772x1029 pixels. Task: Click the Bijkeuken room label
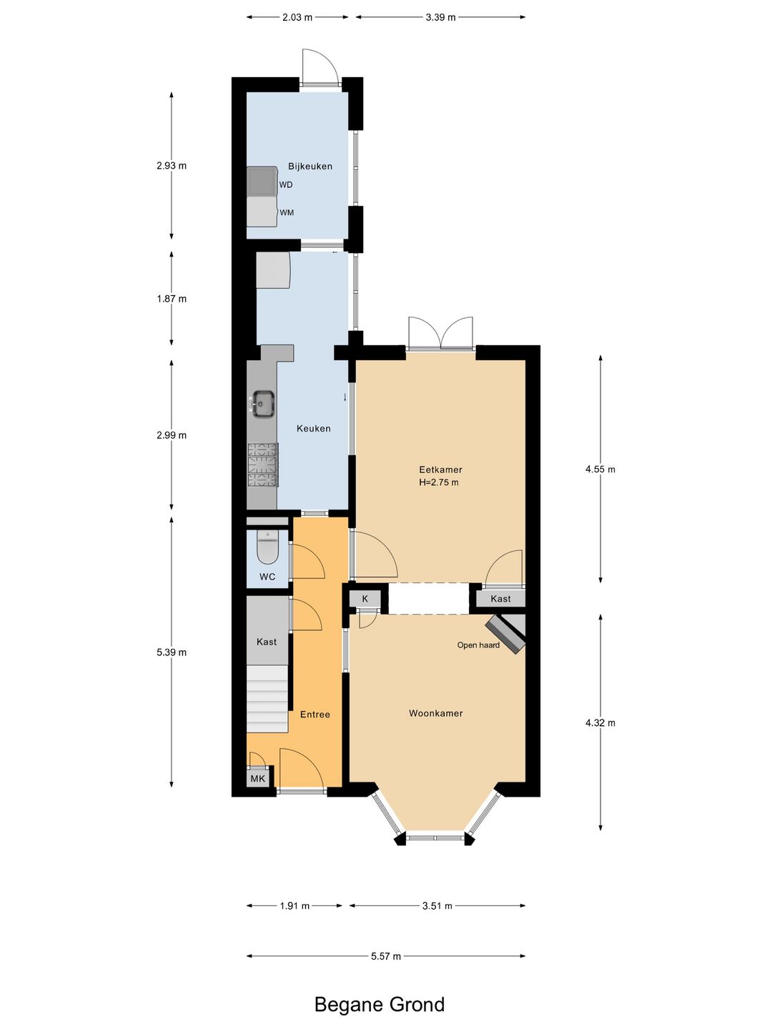[310, 166]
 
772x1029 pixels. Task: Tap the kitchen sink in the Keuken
[262, 404]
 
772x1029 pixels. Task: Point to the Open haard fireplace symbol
[506, 633]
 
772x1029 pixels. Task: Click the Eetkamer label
[440, 469]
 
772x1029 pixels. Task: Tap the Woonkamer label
[436, 713]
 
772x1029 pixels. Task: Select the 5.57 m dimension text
[386, 956]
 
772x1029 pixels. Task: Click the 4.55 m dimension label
[600, 469]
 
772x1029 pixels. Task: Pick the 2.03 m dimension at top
[297, 17]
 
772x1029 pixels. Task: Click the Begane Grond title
[380, 1005]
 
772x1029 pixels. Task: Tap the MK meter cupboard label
[257, 779]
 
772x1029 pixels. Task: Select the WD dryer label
[286, 185]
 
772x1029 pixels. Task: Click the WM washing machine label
[287, 213]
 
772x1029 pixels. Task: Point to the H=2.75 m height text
[439, 482]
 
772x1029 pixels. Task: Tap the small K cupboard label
[365, 599]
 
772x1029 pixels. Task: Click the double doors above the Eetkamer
[440, 334]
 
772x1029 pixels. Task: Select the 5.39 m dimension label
[172, 652]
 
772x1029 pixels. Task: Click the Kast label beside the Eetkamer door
[500, 599]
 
